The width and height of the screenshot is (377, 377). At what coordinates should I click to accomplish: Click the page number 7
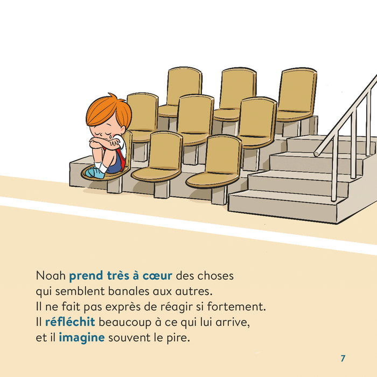tap(343, 358)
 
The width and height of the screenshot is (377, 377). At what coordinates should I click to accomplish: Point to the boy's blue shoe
tap(93, 172)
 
